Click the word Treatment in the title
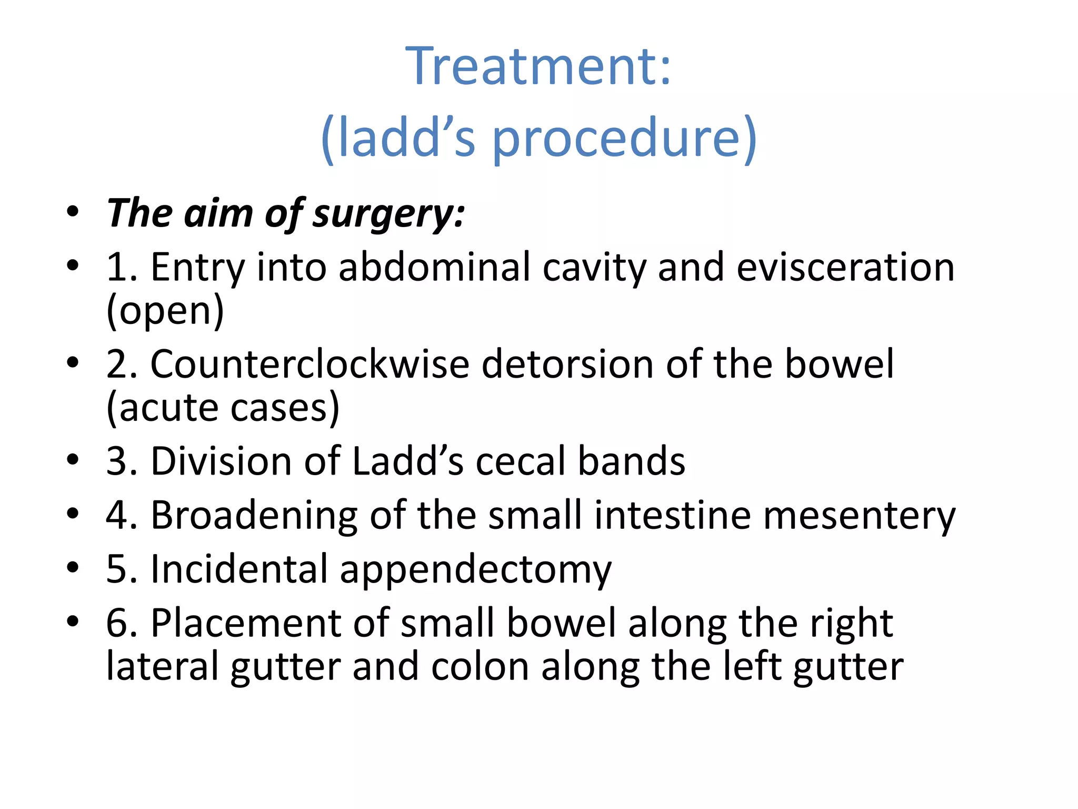[532, 66]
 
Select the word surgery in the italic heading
[387, 214]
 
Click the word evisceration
[845, 267]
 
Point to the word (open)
[165, 310]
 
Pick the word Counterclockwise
[310, 364]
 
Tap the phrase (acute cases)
[223, 407]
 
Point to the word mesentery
[859, 515]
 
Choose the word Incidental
[239, 569]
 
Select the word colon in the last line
[480, 667]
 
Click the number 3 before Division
[117, 461]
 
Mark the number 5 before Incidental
[117, 569]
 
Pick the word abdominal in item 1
[434, 267]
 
